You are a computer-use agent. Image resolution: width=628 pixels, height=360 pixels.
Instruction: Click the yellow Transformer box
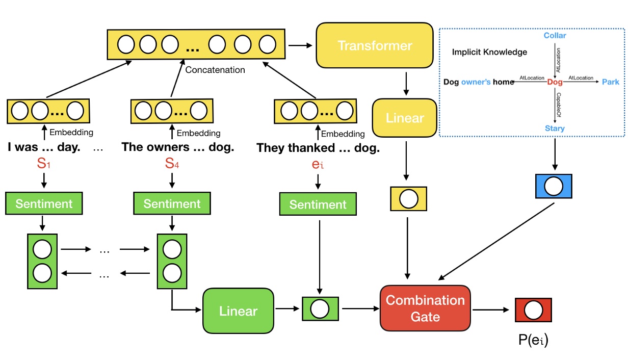375,46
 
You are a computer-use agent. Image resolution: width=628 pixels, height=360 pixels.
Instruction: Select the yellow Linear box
405,118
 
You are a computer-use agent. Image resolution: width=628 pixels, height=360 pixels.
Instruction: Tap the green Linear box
238,311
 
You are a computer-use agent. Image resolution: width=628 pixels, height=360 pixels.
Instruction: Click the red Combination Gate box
425,308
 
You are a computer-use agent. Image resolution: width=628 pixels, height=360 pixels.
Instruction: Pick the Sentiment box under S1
44,204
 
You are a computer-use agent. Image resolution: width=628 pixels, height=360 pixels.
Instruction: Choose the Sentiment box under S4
172,204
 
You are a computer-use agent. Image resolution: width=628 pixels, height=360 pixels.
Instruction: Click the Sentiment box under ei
318,204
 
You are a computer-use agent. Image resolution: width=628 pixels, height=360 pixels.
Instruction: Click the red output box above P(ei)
533,310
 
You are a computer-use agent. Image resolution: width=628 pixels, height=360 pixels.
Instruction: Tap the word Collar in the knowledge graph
555,36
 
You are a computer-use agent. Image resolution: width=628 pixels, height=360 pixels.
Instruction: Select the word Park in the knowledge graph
610,82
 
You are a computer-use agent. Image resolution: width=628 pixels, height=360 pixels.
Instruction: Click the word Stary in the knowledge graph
555,128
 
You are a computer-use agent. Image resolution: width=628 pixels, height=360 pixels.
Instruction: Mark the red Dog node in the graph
555,82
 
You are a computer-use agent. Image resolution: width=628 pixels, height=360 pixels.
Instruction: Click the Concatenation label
215,69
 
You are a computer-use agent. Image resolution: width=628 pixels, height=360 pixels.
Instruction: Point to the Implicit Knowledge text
489,52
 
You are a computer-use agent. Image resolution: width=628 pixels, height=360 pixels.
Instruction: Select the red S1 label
44,166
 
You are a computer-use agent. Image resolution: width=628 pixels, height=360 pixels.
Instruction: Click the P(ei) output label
533,339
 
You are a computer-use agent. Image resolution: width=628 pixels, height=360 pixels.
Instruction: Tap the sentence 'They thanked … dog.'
318,148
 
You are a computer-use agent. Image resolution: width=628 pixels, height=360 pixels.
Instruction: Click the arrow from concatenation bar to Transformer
300,46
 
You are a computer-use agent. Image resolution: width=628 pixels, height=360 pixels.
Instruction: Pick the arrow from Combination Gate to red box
492,309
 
